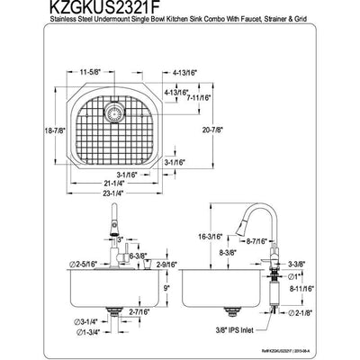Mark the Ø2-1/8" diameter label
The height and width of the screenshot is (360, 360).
328,338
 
